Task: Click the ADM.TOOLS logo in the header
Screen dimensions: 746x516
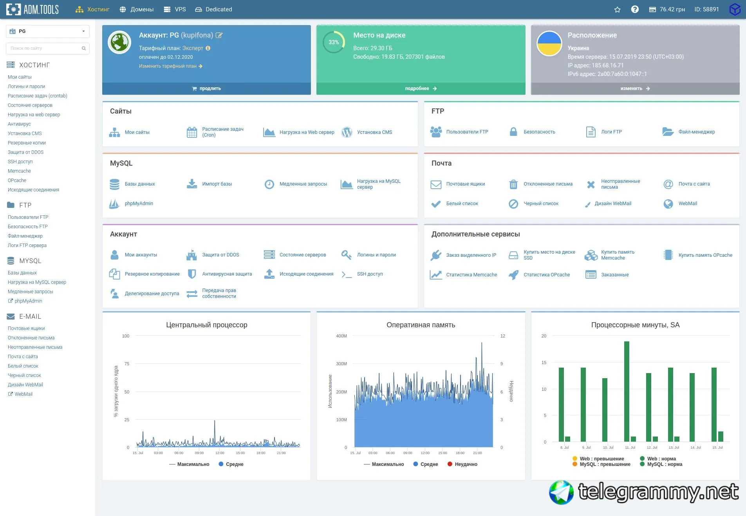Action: tap(33, 9)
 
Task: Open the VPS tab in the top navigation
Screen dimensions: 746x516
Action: tap(175, 9)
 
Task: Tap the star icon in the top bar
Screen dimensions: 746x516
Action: tap(617, 9)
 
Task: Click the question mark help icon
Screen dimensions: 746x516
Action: tap(635, 9)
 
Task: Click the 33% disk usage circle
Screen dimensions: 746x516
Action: tap(334, 42)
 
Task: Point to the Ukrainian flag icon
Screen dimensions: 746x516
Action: tap(549, 43)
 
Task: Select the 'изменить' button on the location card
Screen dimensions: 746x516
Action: tap(635, 88)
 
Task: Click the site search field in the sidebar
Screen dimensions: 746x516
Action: tap(47, 48)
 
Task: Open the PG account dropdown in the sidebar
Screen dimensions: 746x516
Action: tap(47, 31)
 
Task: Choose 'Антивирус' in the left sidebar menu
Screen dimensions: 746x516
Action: tap(19, 124)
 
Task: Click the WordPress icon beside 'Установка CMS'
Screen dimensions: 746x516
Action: tap(347, 132)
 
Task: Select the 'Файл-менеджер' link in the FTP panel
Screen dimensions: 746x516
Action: tap(696, 132)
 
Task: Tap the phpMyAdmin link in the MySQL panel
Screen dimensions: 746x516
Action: tap(139, 204)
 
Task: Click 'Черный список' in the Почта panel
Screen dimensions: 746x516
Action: tap(541, 204)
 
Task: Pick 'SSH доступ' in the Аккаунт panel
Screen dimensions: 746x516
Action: tap(370, 274)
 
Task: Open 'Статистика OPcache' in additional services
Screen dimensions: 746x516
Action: tap(547, 275)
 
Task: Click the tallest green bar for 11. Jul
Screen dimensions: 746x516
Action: tap(627, 392)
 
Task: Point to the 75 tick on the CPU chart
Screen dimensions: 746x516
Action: tap(127, 364)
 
